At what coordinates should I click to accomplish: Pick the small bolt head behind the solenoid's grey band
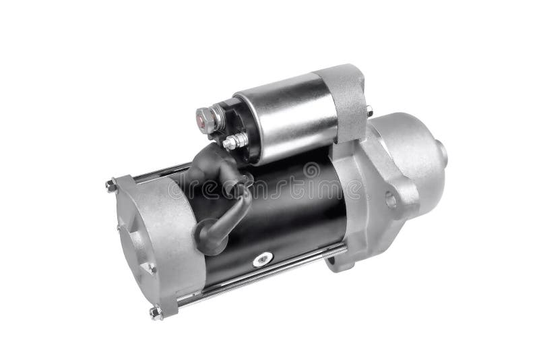point(370,110)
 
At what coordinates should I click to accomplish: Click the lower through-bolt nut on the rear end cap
point(155,311)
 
